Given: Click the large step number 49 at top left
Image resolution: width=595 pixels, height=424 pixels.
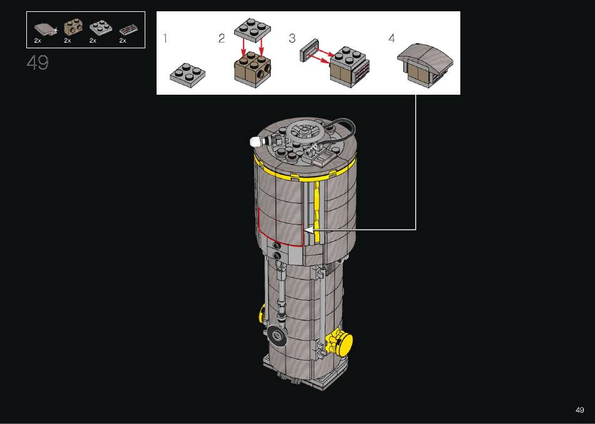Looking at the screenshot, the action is point(38,62).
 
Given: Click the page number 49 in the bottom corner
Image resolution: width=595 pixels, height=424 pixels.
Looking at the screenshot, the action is point(579,410).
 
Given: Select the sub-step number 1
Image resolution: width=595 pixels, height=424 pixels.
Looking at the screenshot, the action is point(165,38).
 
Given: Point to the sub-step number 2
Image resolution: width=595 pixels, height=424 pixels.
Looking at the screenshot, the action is point(222,38).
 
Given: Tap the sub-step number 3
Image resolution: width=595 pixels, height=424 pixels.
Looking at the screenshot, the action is point(292,38).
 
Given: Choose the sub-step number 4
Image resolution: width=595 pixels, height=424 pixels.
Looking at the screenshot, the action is point(391,38).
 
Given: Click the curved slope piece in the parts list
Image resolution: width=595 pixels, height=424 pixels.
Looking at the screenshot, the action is point(44,29).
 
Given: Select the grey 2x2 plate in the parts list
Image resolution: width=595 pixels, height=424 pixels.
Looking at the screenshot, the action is point(101,28).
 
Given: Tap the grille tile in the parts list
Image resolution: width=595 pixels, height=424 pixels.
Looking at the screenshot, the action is point(128,29).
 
